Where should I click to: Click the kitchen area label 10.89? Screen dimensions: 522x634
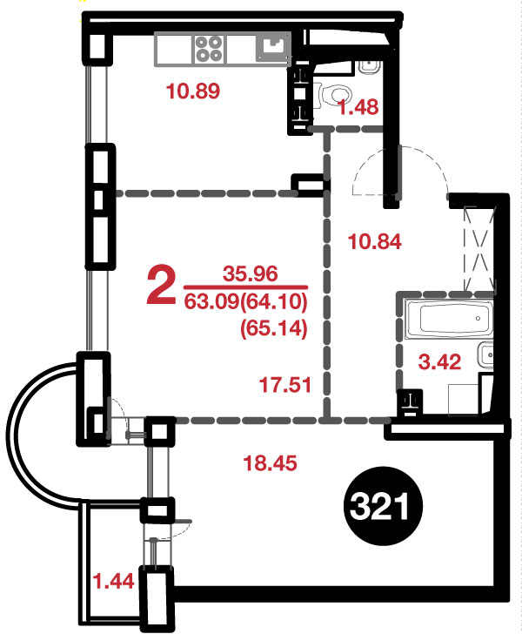(193, 91)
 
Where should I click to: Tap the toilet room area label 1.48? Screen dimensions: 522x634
(358, 108)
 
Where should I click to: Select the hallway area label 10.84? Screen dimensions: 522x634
(374, 242)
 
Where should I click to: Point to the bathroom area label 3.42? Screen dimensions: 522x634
(439, 361)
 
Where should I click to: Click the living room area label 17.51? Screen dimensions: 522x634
(285, 385)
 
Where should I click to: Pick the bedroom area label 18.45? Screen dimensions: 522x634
(270, 462)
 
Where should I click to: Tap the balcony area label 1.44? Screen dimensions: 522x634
(113, 582)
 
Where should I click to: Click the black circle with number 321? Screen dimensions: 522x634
(382, 506)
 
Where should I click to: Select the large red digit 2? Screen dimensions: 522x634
(161, 286)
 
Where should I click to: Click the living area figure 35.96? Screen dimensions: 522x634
(251, 273)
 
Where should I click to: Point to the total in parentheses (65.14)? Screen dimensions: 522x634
(274, 328)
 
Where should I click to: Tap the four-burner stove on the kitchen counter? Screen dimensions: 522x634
(208, 49)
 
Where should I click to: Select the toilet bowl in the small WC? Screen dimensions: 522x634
(334, 96)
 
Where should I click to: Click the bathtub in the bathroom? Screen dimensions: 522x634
(449, 319)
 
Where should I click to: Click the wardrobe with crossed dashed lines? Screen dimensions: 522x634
(479, 249)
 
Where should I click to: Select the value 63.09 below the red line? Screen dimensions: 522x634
(211, 301)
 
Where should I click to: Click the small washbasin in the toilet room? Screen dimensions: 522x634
(369, 67)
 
